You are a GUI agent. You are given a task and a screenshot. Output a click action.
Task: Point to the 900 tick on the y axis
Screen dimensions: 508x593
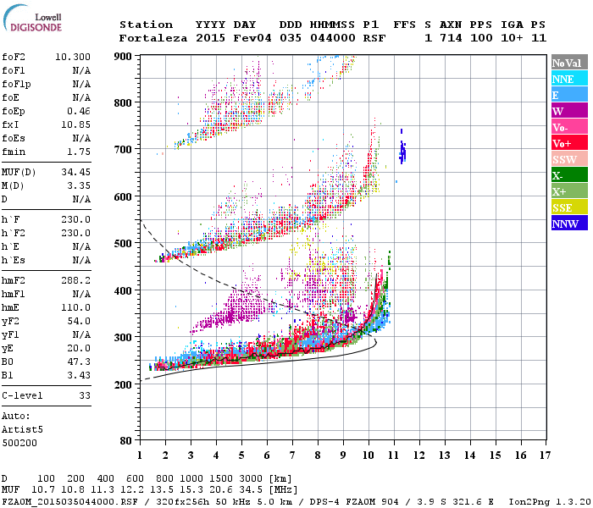click(x=122, y=56)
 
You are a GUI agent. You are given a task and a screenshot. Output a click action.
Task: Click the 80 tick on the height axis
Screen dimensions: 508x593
click(x=125, y=441)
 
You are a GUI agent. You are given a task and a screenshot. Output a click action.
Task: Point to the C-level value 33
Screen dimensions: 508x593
click(x=84, y=395)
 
